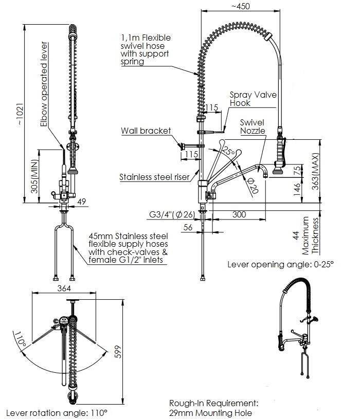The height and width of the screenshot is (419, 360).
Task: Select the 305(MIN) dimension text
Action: pyautogui.click(x=34, y=178)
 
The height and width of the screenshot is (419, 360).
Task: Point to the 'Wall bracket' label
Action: pyautogui.click(x=146, y=131)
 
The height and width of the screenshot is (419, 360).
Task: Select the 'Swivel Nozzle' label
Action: pyautogui.click(x=252, y=126)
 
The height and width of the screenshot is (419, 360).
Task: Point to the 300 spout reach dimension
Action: pyautogui.click(x=239, y=214)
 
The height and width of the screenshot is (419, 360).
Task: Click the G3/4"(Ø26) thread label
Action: pyautogui.click(x=171, y=214)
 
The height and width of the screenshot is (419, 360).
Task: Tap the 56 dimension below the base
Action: pyautogui.click(x=188, y=226)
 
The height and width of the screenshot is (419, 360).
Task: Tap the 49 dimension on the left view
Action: pyautogui.click(x=81, y=202)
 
